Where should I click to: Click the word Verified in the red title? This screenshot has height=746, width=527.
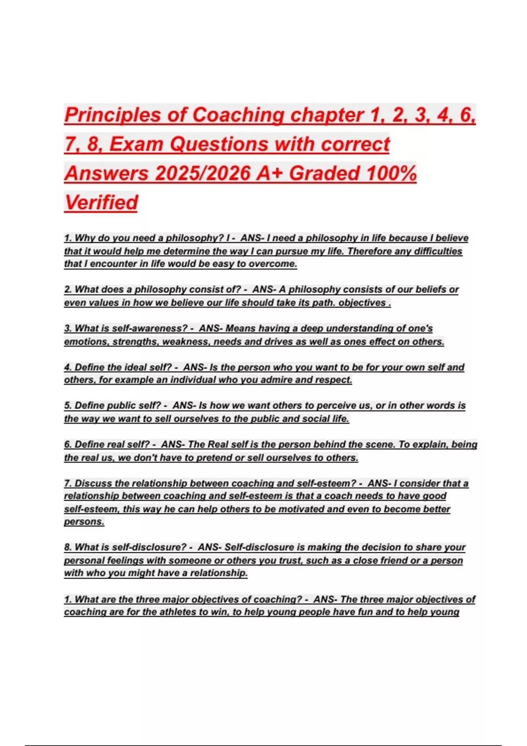(x=101, y=202)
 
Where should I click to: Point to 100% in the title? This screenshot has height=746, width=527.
(x=391, y=173)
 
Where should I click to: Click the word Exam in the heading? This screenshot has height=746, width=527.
(x=136, y=144)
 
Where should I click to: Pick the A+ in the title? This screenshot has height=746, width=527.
(x=270, y=173)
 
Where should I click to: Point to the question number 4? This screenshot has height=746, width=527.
(x=68, y=367)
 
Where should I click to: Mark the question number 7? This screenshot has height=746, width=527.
(x=68, y=483)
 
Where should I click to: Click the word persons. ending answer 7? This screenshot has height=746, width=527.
(x=84, y=522)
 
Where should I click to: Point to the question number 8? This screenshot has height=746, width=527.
(x=68, y=547)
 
